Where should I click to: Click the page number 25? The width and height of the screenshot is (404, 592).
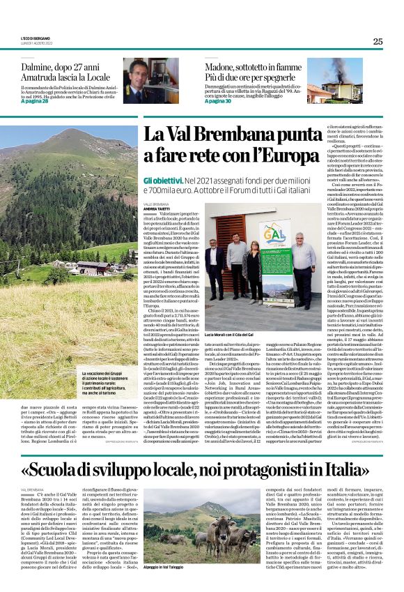pos(377,41)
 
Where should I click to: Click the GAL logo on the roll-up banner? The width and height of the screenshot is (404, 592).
pos(237,230)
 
